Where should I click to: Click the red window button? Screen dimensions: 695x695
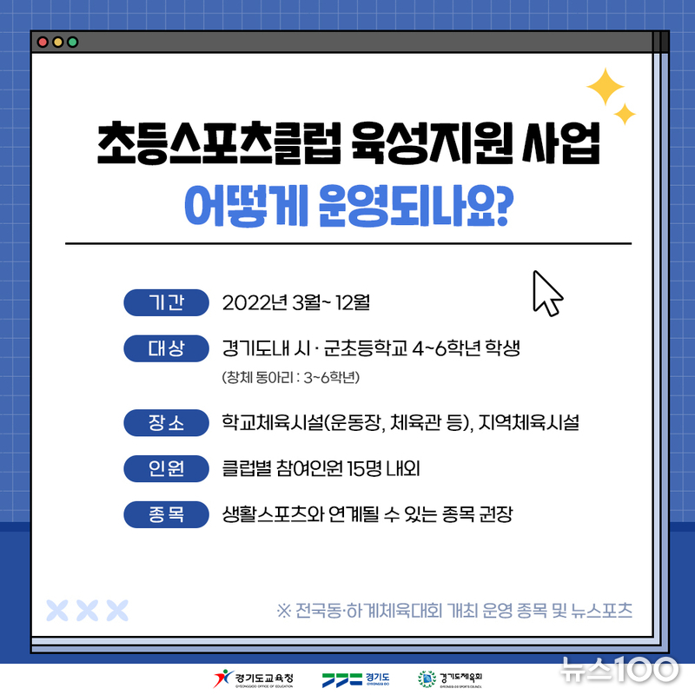[x=43, y=42]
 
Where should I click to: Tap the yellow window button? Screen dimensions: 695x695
[x=57, y=42]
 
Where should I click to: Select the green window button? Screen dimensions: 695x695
[x=73, y=42]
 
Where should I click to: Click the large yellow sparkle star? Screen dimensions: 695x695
[x=606, y=87]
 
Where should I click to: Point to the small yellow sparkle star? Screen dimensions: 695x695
[x=625, y=115]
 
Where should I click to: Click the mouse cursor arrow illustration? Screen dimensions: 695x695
[x=547, y=294]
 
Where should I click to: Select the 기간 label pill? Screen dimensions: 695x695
[x=166, y=302]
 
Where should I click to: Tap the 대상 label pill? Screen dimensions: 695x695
[x=166, y=348]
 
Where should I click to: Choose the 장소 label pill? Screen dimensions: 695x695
[x=166, y=423]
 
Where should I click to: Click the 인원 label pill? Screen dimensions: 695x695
[x=166, y=468]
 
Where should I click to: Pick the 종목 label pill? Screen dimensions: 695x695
[x=166, y=514]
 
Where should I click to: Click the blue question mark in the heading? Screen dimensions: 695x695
[x=504, y=205]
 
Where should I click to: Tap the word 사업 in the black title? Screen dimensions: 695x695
[x=560, y=143]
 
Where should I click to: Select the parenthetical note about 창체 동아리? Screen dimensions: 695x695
[x=291, y=377]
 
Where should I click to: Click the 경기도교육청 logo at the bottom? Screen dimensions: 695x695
[x=253, y=678]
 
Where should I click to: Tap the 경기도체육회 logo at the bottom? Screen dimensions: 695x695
[x=450, y=679]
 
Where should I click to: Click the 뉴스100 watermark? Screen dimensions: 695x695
[x=619, y=669]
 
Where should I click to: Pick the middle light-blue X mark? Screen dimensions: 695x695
[x=88, y=611]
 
